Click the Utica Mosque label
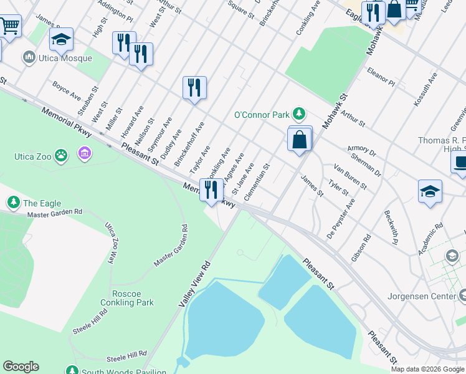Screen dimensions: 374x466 (65, 58)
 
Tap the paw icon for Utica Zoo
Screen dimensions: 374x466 (60, 155)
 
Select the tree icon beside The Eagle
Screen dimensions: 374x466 (13, 203)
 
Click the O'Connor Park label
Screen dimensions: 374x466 (262, 114)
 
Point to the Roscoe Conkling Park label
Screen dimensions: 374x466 (127, 298)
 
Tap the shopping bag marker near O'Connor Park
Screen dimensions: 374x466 (300, 141)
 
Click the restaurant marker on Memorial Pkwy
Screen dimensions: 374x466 (212, 191)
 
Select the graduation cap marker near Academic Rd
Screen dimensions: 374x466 (430, 192)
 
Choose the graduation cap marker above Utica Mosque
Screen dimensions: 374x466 (61, 41)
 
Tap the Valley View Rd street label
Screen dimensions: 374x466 (194, 284)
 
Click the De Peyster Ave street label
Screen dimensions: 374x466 (341, 218)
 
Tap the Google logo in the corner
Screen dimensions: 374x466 (21, 367)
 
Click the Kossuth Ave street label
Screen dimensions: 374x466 (426, 89)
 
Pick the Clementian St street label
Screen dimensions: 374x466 (257, 183)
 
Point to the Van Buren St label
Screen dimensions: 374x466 (348, 174)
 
